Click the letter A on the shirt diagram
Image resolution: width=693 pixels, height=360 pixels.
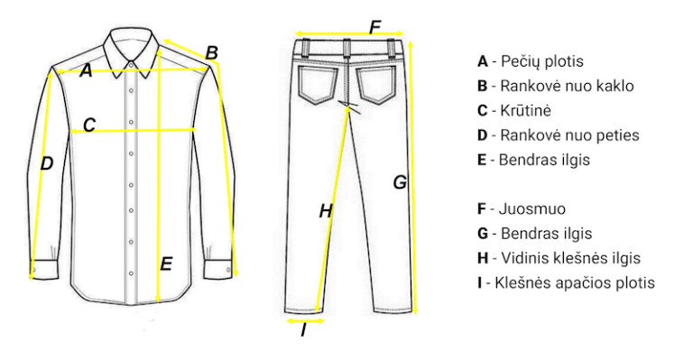click(87, 70)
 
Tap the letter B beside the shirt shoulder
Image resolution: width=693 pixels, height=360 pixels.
click(212, 53)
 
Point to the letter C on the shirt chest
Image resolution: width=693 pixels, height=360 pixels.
click(89, 125)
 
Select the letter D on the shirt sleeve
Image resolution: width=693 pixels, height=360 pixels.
click(46, 163)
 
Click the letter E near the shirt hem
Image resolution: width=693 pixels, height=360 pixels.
click(166, 264)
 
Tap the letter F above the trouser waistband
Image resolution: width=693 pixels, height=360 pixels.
click(374, 27)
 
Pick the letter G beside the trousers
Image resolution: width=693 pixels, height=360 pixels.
click(400, 182)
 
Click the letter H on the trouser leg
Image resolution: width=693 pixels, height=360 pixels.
click(326, 212)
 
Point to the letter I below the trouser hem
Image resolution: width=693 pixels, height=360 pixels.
click(303, 330)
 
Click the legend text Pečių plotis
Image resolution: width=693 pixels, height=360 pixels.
click(541, 61)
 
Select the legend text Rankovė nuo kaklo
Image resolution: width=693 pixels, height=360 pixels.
click(567, 86)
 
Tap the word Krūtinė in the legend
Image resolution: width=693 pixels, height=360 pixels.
click(525, 110)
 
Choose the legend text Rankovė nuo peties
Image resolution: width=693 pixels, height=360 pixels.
click(569, 135)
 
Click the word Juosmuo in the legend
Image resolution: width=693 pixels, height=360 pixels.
click(532, 209)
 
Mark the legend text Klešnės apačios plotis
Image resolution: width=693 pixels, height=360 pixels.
click(575, 282)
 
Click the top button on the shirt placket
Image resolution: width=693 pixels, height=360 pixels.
click(131, 65)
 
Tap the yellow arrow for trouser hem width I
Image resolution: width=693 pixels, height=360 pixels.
click(305, 320)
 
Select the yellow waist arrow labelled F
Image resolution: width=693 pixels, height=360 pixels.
click(349, 33)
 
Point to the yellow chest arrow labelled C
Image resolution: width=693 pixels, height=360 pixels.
click(133, 131)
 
